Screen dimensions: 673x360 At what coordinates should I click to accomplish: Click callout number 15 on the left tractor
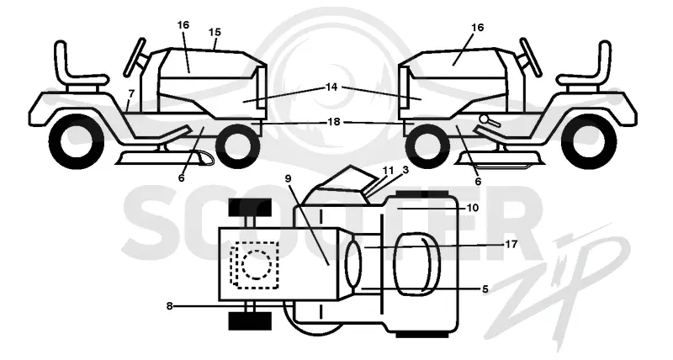(215, 32)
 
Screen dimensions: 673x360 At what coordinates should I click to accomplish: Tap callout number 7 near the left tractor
(131, 93)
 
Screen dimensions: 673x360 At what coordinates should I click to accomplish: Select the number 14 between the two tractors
(331, 87)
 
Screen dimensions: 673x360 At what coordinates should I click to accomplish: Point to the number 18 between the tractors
(334, 122)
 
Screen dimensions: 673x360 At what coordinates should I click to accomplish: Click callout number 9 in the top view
(288, 178)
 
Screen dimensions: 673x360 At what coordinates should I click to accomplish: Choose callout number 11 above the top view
(388, 171)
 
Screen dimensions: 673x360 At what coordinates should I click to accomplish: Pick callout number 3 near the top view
(405, 170)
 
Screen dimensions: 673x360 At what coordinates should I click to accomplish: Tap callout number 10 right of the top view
(473, 208)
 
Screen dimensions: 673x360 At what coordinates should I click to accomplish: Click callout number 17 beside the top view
(511, 244)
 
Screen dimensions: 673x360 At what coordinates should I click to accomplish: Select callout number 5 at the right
(485, 289)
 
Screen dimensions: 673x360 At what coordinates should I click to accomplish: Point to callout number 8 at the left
(170, 306)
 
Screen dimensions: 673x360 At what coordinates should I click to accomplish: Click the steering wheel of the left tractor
(135, 58)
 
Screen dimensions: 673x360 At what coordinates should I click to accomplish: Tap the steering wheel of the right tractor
(531, 57)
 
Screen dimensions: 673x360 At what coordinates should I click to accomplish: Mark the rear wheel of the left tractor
(77, 141)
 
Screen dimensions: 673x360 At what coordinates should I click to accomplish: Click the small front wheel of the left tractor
(238, 144)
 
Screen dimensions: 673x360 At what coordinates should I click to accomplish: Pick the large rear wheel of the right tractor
(589, 141)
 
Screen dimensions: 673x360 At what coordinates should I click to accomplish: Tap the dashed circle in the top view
(257, 265)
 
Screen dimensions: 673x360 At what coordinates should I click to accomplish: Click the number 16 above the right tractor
(477, 28)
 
